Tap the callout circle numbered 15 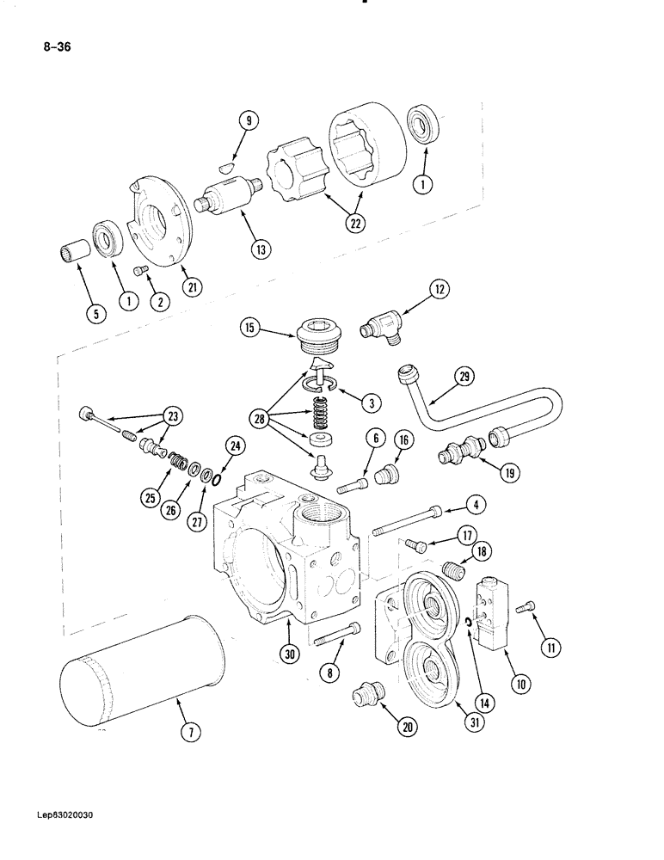(248, 328)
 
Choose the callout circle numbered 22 (354, 223)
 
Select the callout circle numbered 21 (193, 288)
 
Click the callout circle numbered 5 (96, 315)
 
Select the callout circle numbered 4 (474, 505)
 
